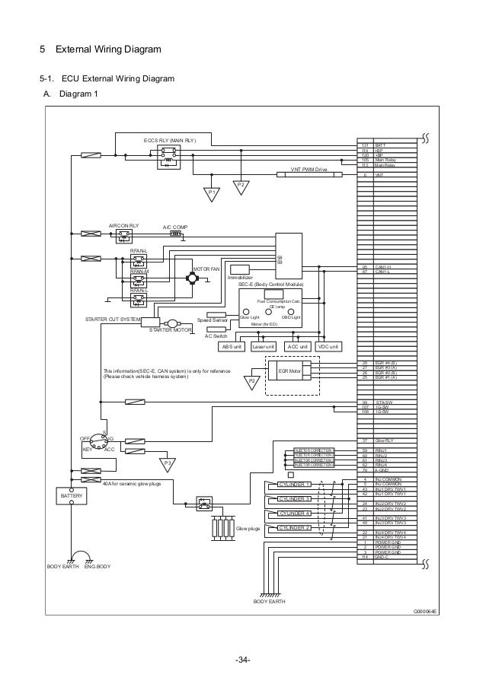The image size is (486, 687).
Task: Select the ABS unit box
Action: [230, 347]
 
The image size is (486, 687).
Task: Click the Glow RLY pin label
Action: [385, 441]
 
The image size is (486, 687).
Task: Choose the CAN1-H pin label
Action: [383, 267]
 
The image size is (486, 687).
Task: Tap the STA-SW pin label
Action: [383, 402]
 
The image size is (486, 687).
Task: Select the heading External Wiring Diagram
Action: [106, 51]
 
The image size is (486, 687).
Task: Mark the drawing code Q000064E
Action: [425, 611]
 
